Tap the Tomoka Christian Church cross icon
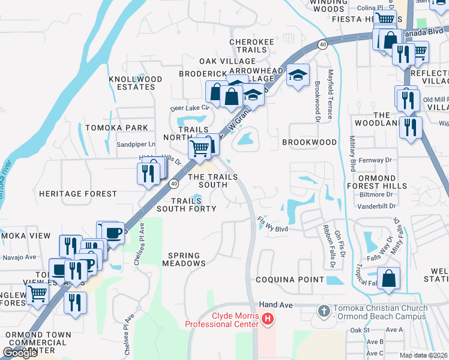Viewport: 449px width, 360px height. (324, 311)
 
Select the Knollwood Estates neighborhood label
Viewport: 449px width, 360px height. (136, 83)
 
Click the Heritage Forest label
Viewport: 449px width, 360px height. (77, 194)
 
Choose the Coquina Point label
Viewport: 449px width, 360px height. (290, 280)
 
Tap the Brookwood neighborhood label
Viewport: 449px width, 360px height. (309, 142)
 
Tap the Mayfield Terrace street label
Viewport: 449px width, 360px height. (330, 94)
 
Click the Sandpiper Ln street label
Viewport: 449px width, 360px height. (136, 144)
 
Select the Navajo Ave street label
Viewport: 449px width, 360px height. (19, 257)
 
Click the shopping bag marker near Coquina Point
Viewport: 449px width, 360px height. (389, 278)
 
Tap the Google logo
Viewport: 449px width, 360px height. (20, 352)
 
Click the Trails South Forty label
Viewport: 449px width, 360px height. (186, 205)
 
